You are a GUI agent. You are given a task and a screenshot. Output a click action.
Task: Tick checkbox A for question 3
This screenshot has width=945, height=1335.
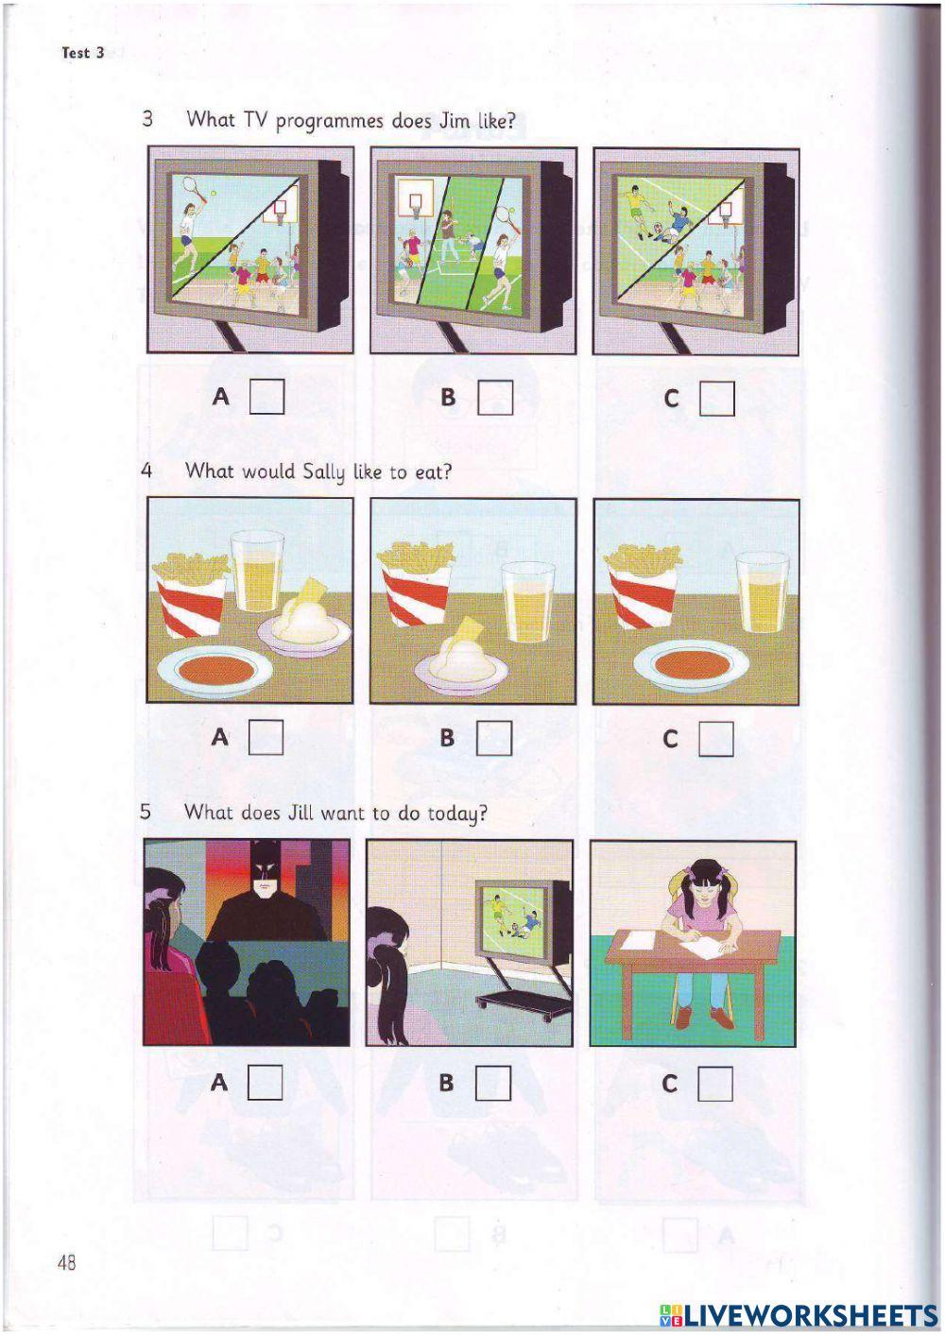point(266,397)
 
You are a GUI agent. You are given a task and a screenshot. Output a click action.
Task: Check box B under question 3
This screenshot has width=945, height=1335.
point(495,398)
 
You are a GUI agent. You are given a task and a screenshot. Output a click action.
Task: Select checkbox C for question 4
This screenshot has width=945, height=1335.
point(716,739)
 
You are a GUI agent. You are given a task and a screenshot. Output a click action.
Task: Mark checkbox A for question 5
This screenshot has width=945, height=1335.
point(266,1082)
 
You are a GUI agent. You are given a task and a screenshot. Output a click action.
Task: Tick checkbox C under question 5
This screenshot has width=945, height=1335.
point(715,1083)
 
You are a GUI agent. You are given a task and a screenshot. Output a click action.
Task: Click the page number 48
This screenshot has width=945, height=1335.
point(66,1262)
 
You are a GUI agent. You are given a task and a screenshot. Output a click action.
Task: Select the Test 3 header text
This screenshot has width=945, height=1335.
point(82,53)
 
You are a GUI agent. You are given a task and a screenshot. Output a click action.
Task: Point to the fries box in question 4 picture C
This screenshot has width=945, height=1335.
point(642,588)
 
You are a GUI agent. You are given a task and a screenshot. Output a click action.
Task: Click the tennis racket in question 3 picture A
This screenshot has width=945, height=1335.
point(193,187)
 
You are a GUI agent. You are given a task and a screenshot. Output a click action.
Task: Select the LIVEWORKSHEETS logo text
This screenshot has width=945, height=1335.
point(799,1314)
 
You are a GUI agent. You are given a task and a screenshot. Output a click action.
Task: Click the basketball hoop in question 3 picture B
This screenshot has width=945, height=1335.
point(411,201)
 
